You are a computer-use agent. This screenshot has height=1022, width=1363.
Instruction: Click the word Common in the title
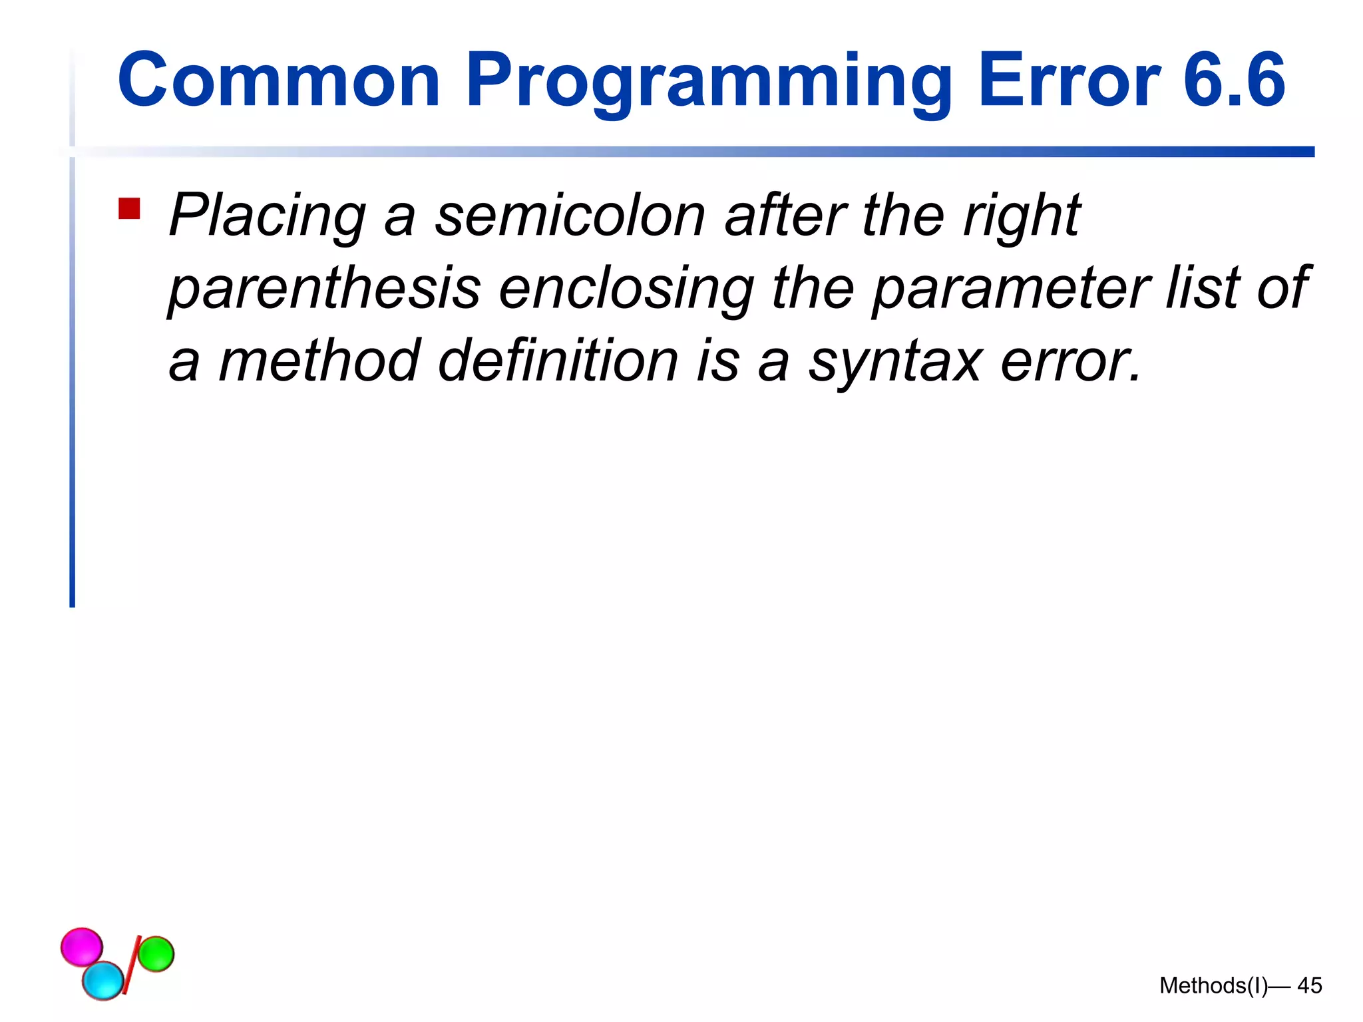(x=278, y=81)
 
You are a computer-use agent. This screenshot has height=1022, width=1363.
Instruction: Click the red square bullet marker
(x=129, y=208)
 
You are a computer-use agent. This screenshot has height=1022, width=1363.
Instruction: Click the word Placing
(x=267, y=216)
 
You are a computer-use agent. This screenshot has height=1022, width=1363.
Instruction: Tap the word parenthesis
(x=324, y=289)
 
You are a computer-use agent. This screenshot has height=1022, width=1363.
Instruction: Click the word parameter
(x=1011, y=289)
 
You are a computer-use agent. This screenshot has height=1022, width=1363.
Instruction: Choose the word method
(x=319, y=361)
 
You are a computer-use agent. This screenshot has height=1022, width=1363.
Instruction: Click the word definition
(x=558, y=361)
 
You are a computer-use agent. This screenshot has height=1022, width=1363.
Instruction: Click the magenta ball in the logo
(x=81, y=946)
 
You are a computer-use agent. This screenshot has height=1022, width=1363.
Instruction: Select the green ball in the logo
(x=156, y=953)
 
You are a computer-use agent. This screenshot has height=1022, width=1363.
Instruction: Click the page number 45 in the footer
(x=1309, y=985)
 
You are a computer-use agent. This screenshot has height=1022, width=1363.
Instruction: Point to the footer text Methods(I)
(x=1213, y=985)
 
